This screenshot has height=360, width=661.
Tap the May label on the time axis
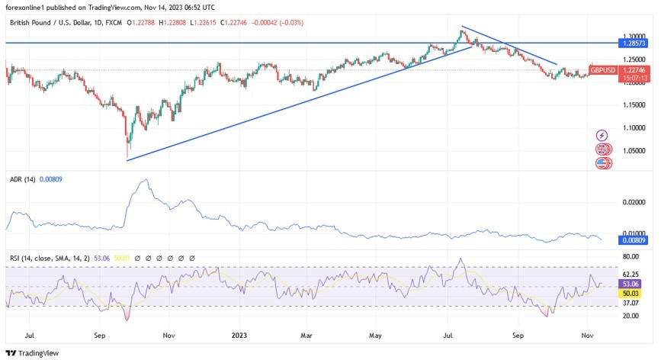click(x=374, y=333)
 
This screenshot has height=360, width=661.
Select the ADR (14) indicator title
click(x=23, y=178)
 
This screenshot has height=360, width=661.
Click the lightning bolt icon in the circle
click(x=602, y=135)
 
